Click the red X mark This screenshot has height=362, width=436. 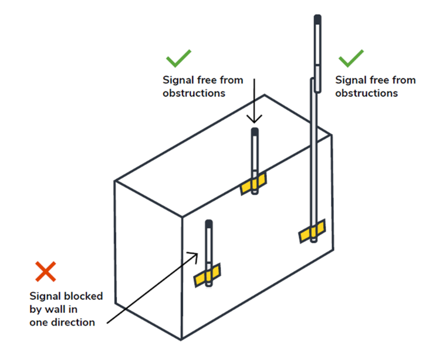pos(45,272)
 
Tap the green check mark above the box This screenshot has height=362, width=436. pos(178,58)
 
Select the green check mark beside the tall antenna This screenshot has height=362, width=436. pos(351,58)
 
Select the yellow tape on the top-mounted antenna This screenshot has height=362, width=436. pos(254,184)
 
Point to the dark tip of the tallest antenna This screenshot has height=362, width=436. pos(317,20)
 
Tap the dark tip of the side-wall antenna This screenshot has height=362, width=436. pos(209,224)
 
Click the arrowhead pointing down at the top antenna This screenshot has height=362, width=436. pos(255,120)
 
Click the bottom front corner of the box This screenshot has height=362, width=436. pos(181,340)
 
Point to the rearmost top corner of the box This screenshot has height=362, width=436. pos(265,95)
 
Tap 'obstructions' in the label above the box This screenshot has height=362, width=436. pos(194,93)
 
